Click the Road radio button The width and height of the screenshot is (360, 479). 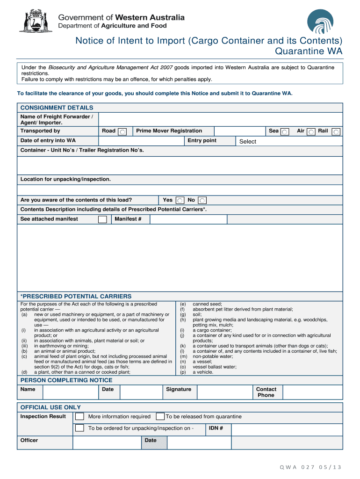coord(122,132)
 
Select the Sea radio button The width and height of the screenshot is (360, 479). coord(285,132)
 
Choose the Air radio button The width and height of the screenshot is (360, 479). coord(311,132)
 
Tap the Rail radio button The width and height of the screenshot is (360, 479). coord(336,132)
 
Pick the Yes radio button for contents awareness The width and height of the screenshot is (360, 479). coord(180,201)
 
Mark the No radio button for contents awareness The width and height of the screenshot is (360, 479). coord(202,201)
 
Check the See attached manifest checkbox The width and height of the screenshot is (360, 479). coord(102,219)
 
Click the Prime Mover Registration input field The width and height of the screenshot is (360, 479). coord(240,131)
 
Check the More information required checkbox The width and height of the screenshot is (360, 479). coord(80,416)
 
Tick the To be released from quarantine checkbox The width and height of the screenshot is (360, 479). coord(160,416)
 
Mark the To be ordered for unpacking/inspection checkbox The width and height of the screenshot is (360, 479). coord(80,428)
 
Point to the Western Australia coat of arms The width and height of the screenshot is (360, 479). coord(36,21)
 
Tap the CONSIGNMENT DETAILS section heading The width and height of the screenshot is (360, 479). coord(57,108)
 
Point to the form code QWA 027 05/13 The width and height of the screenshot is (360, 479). coord(311,467)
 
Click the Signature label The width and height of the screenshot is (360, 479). coord(179,389)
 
